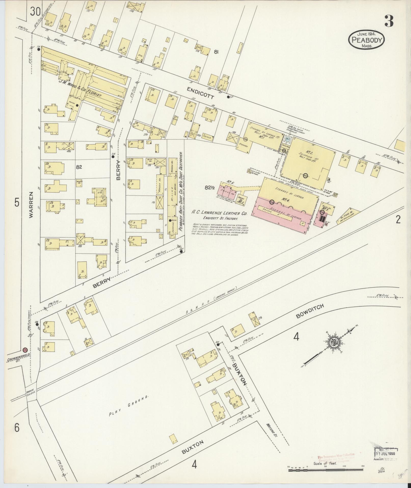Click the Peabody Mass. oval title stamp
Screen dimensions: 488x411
point(366,39)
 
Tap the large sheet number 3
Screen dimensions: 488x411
point(389,21)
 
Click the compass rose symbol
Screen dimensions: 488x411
point(333,343)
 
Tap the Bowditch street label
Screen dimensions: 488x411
point(310,311)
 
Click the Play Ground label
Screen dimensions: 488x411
point(128,406)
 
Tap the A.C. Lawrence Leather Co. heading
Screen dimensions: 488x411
point(220,213)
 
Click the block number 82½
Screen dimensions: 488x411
point(210,188)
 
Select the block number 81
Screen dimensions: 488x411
point(217,52)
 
